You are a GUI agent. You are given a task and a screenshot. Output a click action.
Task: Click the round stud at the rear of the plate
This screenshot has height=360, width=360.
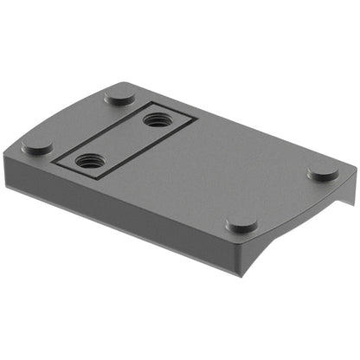[119, 94]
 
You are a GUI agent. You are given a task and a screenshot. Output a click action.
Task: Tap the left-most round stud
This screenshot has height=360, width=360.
[38, 146]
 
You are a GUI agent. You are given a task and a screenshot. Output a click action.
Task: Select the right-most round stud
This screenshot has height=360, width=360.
[323, 171]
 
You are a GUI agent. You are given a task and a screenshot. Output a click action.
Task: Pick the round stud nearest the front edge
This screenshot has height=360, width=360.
[241, 224]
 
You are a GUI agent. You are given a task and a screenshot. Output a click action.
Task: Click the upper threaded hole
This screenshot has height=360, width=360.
[156, 120]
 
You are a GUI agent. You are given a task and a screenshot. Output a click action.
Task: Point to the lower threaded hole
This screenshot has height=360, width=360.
[88, 159]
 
